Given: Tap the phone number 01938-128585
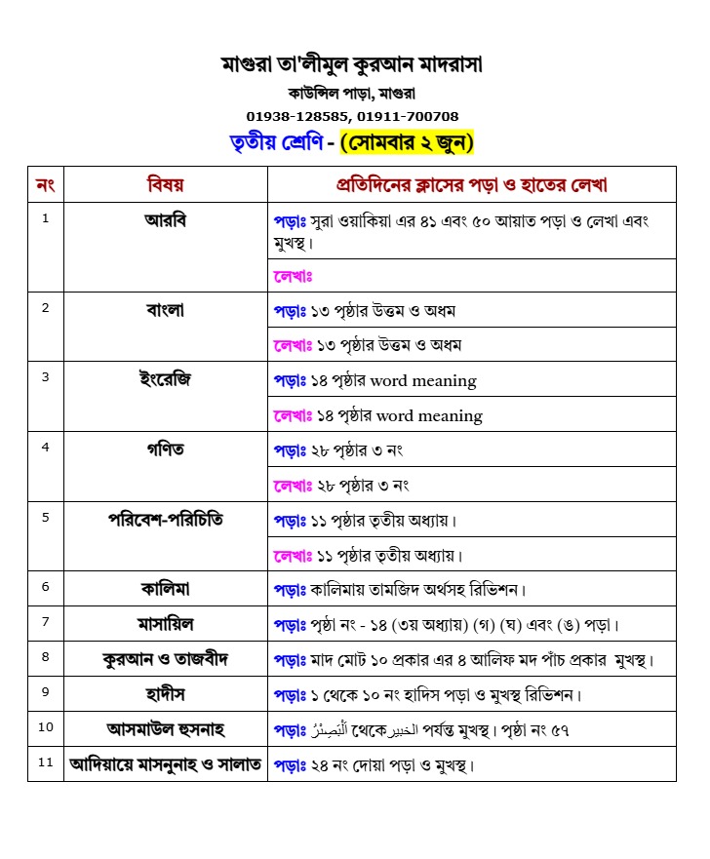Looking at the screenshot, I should click(x=299, y=116).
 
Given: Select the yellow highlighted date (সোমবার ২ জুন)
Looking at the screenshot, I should click(x=407, y=143).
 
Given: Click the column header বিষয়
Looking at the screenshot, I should click(x=165, y=184).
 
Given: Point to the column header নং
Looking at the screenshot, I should click(x=45, y=184).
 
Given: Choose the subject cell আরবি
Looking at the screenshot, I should click(x=165, y=219).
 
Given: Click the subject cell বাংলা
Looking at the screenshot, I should click(x=165, y=310).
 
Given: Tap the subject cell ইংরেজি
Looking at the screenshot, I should click(x=165, y=378).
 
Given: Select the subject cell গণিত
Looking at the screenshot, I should click(x=165, y=449).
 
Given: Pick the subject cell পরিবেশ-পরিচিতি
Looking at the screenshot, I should click(x=165, y=519).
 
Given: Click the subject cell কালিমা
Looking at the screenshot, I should click(x=165, y=588).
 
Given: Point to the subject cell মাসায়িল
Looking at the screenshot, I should click(x=165, y=623).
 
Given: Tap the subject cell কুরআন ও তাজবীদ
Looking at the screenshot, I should click(x=165, y=658).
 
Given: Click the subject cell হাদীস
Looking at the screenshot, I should click(x=165, y=693).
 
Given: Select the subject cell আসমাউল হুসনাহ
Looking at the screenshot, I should click(x=165, y=728).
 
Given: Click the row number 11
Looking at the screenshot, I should click(x=45, y=762).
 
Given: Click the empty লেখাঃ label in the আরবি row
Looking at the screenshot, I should click(x=293, y=276).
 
